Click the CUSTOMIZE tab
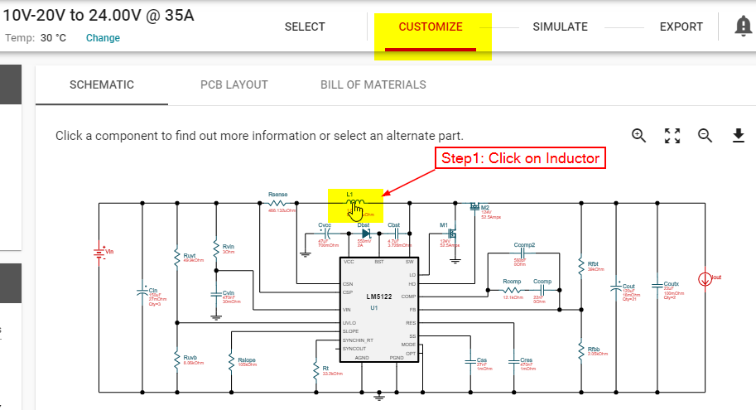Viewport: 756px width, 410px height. click(431, 27)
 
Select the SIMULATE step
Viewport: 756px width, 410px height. click(560, 27)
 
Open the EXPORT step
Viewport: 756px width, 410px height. click(681, 27)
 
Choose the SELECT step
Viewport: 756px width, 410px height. click(305, 27)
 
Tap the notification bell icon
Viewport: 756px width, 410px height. click(744, 27)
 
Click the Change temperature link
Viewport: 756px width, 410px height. click(103, 38)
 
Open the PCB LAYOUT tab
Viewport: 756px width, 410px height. click(234, 84)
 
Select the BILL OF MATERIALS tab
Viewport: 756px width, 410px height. click(373, 84)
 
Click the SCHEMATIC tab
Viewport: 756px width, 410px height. click(102, 84)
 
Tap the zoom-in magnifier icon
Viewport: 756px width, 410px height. click(639, 136)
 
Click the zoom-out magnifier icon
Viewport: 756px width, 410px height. click(705, 136)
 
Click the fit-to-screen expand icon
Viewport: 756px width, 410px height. click(672, 136)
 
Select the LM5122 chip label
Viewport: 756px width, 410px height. click(379, 296)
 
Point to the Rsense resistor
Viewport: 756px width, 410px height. click(277, 203)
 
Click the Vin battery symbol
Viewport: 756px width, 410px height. click(100, 252)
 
